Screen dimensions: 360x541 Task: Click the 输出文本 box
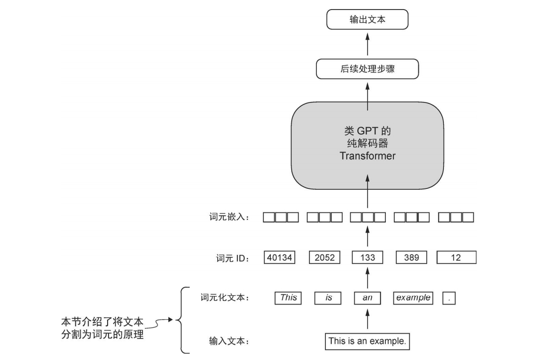pyautogui.click(x=367, y=20)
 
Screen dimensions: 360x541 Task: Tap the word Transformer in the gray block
pyautogui.click(x=367, y=156)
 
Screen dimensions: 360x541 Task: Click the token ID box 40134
pyautogui.click(x=279, y=257)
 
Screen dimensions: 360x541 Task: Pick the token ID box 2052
pyautogui.click(x=325, y=257)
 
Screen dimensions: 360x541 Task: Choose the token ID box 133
pyautogui.click(x=367, y=257)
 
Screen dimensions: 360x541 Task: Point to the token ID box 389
pyautogui.click(x=411, y=257)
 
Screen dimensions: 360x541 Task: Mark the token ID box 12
pyautogui.click(x=456, y=257)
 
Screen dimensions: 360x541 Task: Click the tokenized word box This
pyautogui.click(x=288, y=298)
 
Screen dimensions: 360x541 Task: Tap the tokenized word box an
pyautogui.click(x=367, y=298)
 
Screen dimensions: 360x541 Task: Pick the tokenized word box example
pyautogui.click(x=413, y=298)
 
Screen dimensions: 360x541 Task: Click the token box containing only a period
pyautogui.click(x=449, y=298)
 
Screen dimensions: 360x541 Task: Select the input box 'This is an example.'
pyautogui.click(x=367, y=341)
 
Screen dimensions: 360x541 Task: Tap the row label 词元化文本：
pyautogui.click(x=226, y=298)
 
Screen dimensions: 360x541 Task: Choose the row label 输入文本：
pyautogui.click(x=229, y=341)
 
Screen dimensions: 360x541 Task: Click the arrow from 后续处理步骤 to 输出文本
pyautogui.click(x=367, y=45)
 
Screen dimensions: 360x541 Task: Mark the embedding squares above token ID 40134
pyautogui.click(x=280, y=217)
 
